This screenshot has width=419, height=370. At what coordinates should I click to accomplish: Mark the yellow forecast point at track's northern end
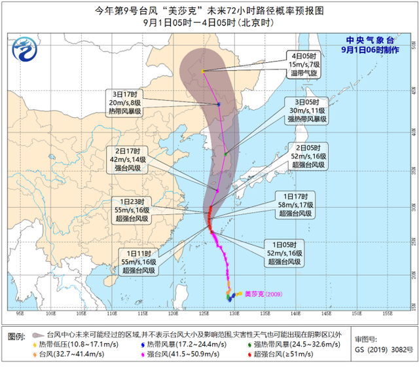point(203,71)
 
